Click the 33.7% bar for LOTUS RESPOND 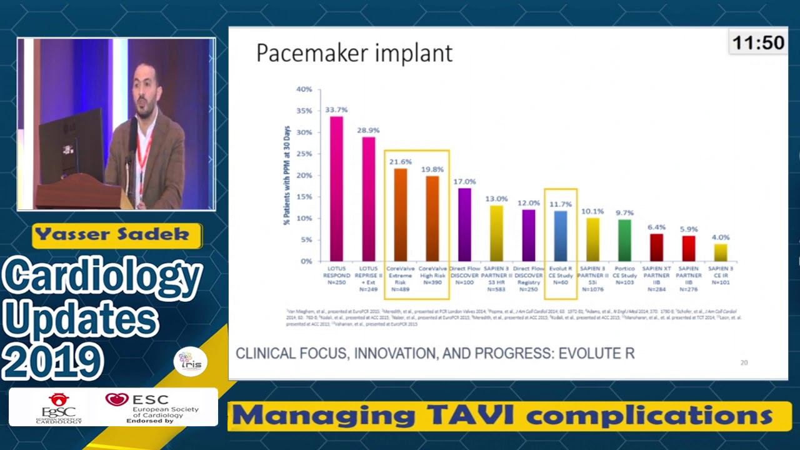tap(336, 188)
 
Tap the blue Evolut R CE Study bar tap(560, 236)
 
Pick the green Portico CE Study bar tap(624, 240)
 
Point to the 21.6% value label tap(400, 162)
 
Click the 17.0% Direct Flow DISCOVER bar tap(464, 224)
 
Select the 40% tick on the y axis tap(304, 89)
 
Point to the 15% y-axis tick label tap(304, 197)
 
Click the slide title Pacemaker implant tap(354, 53)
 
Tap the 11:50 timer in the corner tap(758, 42)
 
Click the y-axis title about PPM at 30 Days tap(287, 175)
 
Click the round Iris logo tap(191, 361)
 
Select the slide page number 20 tap(744, 362)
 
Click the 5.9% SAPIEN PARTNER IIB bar tap(687, 248)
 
